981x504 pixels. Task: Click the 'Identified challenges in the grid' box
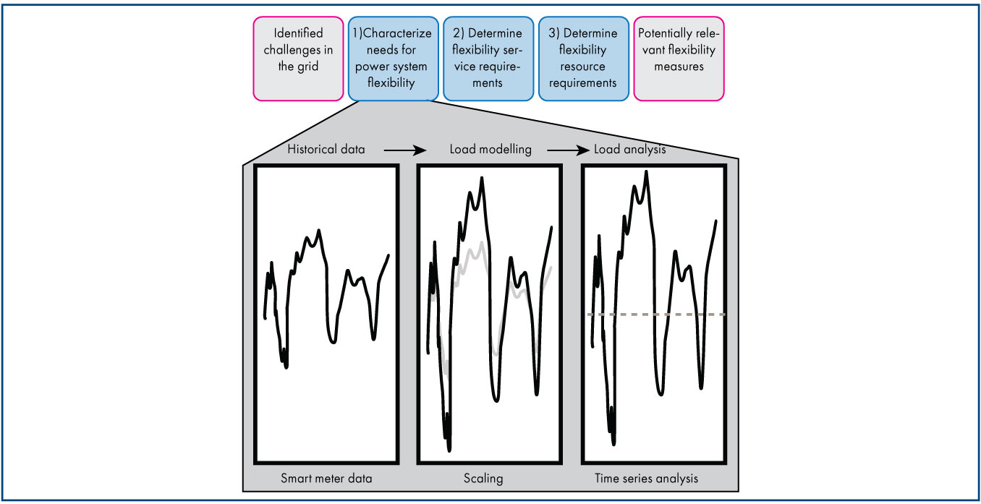coord(298,58)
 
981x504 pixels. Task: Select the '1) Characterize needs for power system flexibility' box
coord(393,58)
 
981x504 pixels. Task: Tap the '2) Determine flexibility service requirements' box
coord(488,58)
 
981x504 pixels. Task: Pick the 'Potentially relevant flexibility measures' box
coord(678,58)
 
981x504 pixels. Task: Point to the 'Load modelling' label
coord(490,150)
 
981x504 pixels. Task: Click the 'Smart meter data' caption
coord(326,478)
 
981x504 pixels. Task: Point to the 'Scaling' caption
coord(484,478)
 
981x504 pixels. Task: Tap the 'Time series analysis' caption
coord(646,478)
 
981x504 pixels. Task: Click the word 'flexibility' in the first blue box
coord(394,82)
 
